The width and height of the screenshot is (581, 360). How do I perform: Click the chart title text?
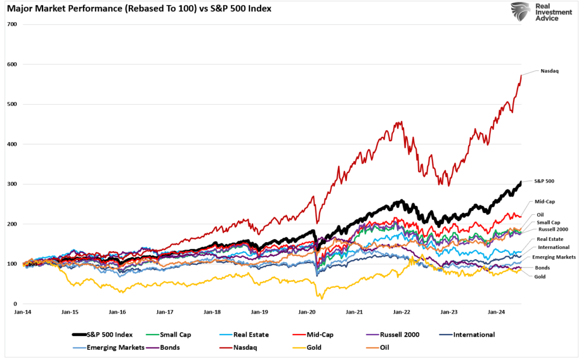139,10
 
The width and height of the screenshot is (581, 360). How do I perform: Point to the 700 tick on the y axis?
12,24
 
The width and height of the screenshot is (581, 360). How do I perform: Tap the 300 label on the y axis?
12,184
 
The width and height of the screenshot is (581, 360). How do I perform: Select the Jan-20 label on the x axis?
307,312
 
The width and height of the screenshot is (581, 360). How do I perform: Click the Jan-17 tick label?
165,312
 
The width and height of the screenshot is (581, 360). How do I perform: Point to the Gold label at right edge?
541,276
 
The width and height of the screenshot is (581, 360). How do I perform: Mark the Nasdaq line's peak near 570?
521,76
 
